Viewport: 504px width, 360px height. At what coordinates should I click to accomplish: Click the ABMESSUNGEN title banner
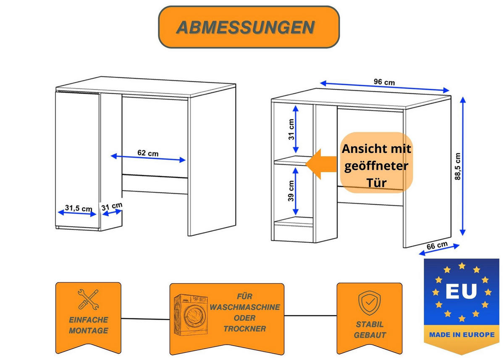248,27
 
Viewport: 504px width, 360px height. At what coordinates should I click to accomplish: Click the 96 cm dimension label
384,82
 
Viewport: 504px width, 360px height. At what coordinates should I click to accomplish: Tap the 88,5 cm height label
457,166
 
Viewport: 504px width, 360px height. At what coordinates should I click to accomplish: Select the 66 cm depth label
437,246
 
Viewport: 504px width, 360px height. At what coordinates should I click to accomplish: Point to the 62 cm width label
148,153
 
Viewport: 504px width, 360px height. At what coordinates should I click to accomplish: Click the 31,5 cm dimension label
79,208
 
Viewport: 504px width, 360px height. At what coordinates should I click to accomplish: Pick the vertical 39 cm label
291,191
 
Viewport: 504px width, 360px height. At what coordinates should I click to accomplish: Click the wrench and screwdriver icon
89,299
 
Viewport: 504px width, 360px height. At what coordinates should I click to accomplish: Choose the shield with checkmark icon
369,302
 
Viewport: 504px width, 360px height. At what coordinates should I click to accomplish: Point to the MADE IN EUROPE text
462,335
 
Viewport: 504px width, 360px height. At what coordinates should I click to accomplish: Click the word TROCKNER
244,328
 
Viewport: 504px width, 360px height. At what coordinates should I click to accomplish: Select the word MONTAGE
88,331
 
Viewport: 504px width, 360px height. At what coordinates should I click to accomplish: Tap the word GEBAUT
370,335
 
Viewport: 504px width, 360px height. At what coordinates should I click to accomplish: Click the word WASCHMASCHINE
245,307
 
